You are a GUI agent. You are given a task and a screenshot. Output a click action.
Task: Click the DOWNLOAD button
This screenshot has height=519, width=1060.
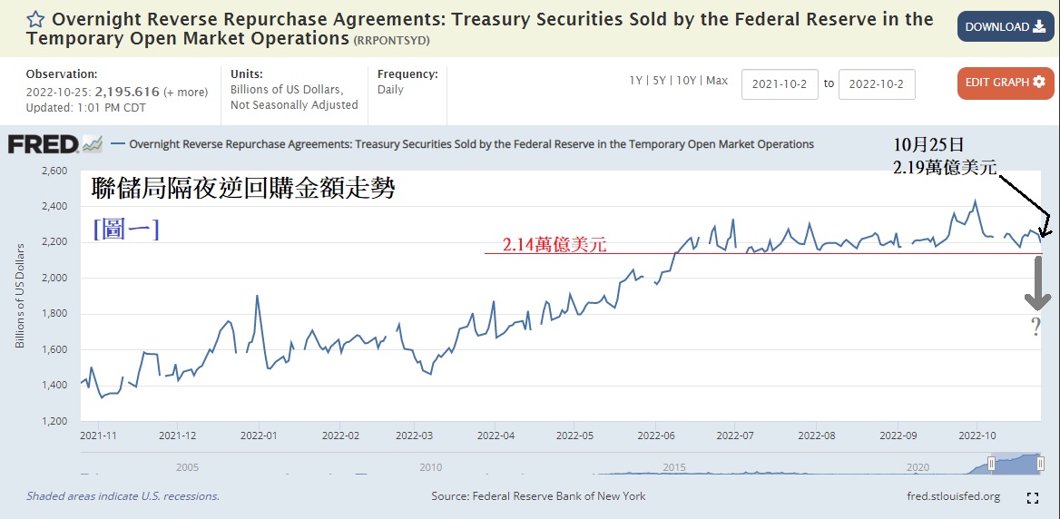point(1005,27)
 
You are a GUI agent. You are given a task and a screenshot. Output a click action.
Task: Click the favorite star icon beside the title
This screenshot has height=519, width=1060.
point(35,19)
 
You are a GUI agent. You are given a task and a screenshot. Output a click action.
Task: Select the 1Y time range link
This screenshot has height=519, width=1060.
point(636,81)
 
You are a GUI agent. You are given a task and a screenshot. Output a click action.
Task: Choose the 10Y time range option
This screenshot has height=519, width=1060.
point(687,81)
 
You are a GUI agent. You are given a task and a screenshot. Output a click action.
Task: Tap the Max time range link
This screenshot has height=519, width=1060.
point(717,81)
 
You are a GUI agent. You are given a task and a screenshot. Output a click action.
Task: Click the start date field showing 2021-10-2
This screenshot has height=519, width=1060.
point(780,84)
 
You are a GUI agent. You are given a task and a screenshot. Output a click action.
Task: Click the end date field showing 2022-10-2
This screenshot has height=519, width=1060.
point(877,84)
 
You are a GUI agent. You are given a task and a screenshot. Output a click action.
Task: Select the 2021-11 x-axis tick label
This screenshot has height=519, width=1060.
point(99,436)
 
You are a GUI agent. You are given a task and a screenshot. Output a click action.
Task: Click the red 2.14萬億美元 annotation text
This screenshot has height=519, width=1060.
point(554,244)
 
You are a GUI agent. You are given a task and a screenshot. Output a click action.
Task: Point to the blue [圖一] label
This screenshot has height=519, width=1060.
point(126,230)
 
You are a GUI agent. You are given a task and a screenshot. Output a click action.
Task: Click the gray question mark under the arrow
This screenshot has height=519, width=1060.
point(1036,328)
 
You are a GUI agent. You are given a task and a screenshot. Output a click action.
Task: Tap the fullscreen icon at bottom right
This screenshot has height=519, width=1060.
point(1032,497)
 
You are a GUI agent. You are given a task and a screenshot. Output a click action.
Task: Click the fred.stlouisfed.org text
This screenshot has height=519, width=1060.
point(953,496)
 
